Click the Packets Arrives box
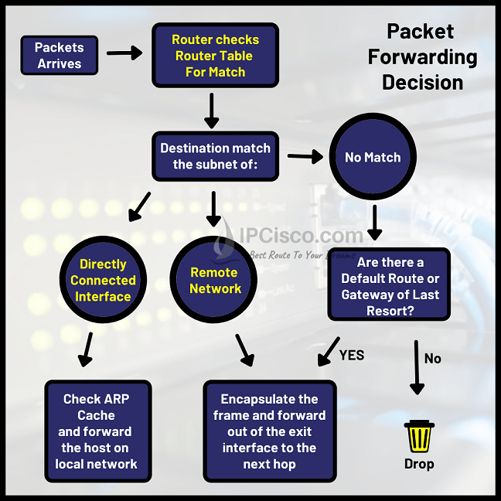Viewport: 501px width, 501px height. pos(59,56)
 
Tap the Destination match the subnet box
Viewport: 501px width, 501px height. pos(216,156)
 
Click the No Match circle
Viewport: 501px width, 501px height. pos(373,157)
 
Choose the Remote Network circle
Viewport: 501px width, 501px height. pos(215,280)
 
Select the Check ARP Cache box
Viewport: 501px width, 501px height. pos(97,431)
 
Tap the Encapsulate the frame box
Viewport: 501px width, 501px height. pos(269,431)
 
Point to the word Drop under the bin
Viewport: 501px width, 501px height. pos(419,465)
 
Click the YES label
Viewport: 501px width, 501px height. pos(352,356)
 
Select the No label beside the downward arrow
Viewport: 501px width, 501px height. pos(433,358)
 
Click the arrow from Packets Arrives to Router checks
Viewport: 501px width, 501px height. pos(124,53)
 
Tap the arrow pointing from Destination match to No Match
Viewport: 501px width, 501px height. pos(305,157)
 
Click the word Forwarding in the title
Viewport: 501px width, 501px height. pos(422,56)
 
